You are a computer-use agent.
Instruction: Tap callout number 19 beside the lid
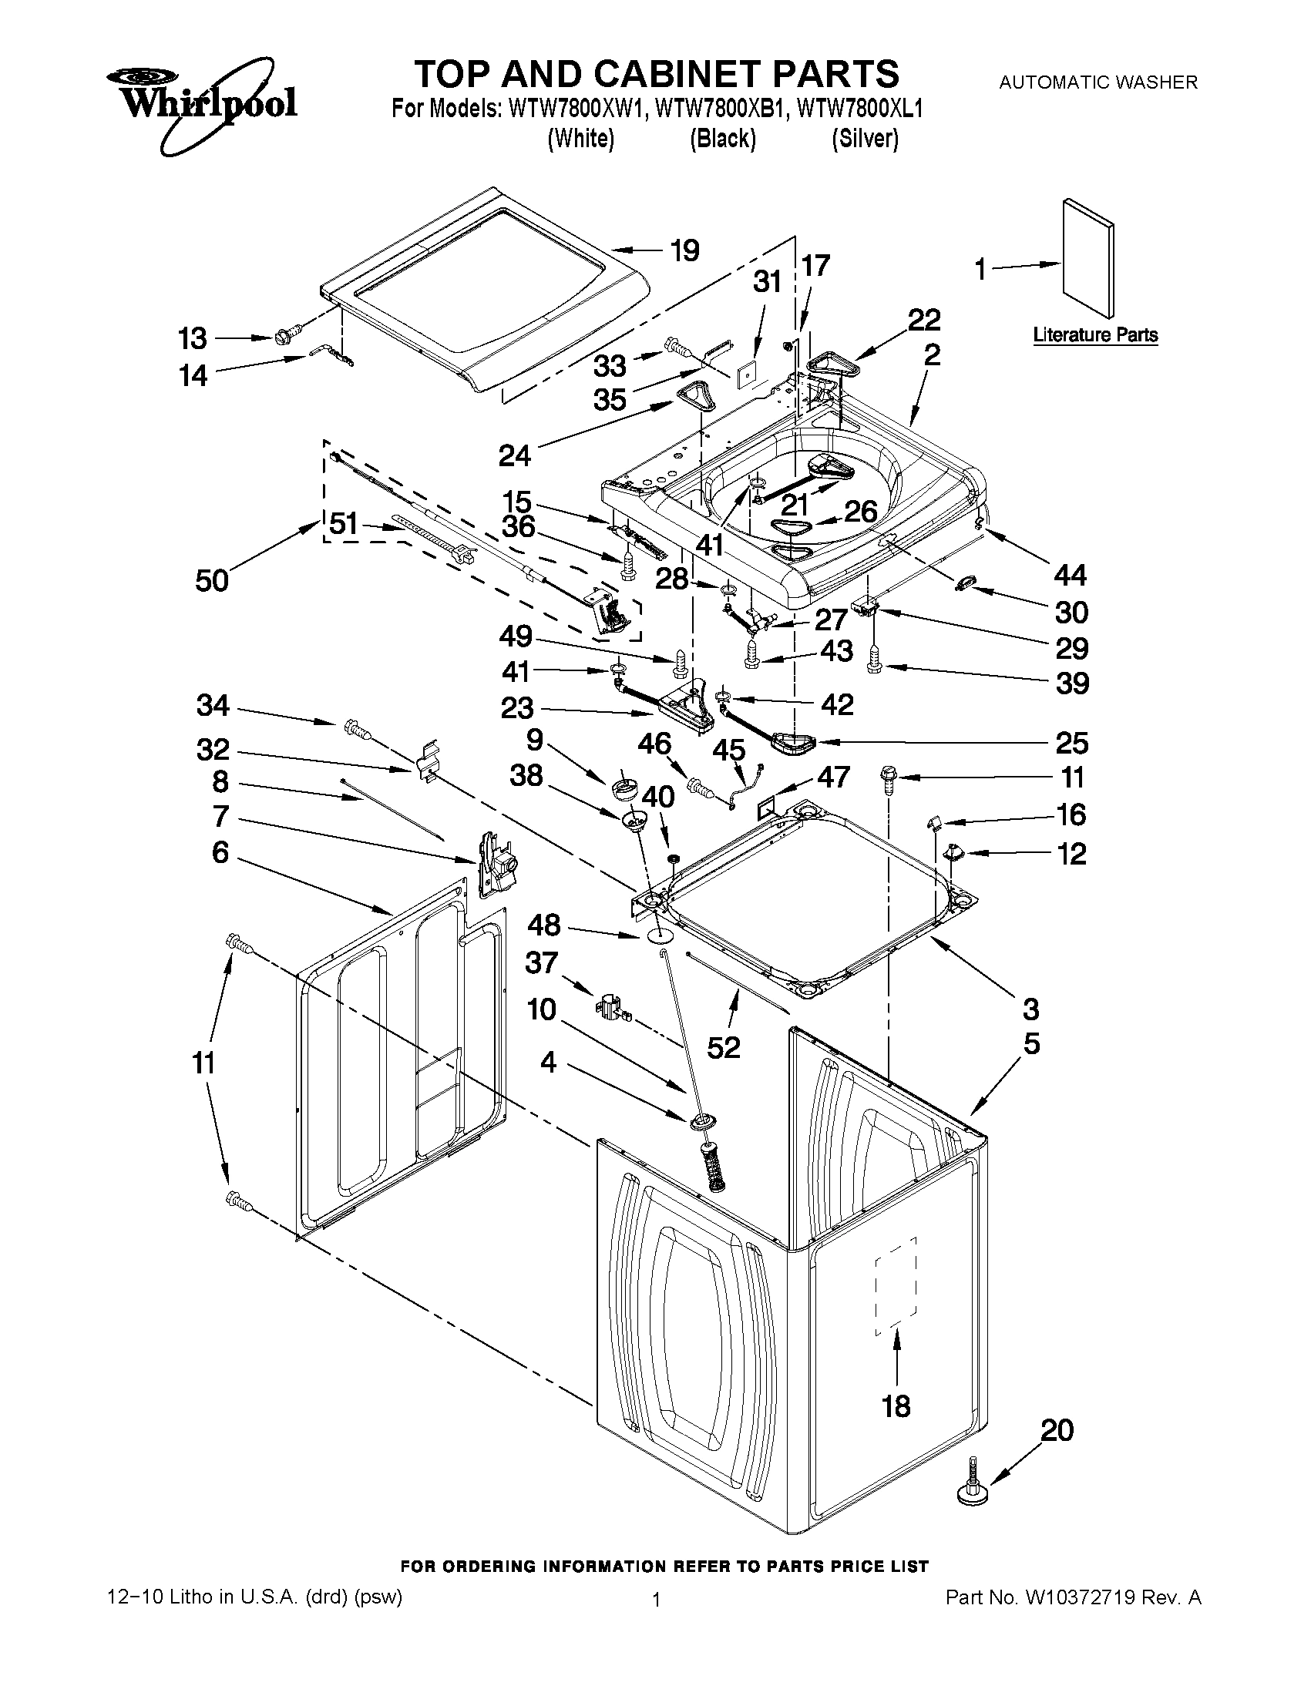click(x=684, y=251)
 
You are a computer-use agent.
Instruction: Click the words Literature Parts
click(x=1095, y=335)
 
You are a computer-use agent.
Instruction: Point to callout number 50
click(x=211, y=579)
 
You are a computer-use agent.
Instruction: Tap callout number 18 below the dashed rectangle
click(x=896, y=1405)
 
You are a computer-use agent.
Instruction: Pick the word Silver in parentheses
click(x=865, y=139)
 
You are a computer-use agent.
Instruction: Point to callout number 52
click(x=724, y=1048)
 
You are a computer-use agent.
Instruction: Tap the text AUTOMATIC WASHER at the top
click(x=1098, y=82)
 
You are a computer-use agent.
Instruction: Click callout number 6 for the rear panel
click(x=220, y=853)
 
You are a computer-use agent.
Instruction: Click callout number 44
click(x=1070, y=575)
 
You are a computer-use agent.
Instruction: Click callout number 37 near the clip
click(x=541, y=962)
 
